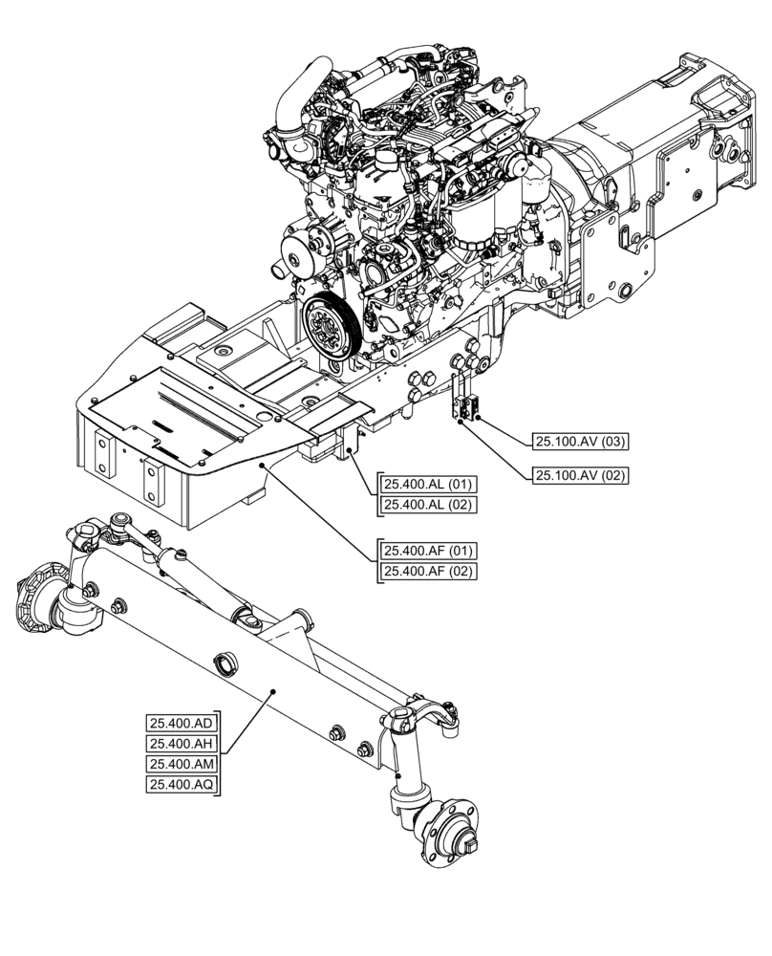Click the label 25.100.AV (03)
pyautogui.click(x=580, y=441)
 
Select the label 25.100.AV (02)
pyautogui.click(x=580, y=474)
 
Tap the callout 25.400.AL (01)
pyautogui.click(x=429, y=483)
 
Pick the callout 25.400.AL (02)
pyautogui.click(x=429, y=504)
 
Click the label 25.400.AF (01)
pyautogui.click(x=429, y=551)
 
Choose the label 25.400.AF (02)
pyautogui.click(x=429, y=572)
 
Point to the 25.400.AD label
pyautogui.click(x=182, y=723)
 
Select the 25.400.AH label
pyautogui.click(x=182, y=744)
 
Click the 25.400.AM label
pyautogui.click(x=182, y=764)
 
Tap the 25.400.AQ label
pyautogui.click(x=182, y=785)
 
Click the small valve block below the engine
pyautogui.click(x=468, y=409)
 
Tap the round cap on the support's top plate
pyautogui.click(x=222, y=354)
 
